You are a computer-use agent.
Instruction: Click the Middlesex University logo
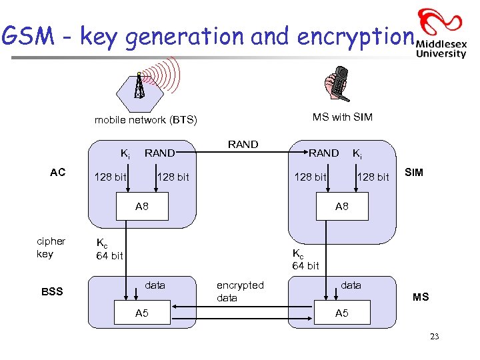pyautogui.click(x=441, y=34)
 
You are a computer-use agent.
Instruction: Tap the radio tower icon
pyautogui.click(x=139, y=85)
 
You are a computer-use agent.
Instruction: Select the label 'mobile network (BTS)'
pyautogui.click(x=145, y=120)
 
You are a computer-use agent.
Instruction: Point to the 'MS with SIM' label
pyautogui.click(x=343, y=117)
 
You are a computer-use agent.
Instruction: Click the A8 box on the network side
pyautogui.click(x=142, y=207)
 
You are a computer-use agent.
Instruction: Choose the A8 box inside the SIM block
pyautogui.click(x=341, y=207)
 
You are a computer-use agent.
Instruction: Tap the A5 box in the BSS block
pyautogui.click(x=142, y=313)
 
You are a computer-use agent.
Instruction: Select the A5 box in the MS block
pyautogui.click(x=341, y=313)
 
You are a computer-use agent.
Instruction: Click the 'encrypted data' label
pyautogui.click(x=240, y=291)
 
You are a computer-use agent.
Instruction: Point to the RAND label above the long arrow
pyautogui.click(x=243, y=144)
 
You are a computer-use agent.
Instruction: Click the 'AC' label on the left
pyautogui.click(x=58, y=173)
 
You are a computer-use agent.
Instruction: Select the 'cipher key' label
pyautogui.click(x=51, y=247)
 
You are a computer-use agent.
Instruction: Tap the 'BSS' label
pyautogui.click(x=53, y=291)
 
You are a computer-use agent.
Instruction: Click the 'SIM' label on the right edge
pyautogui.click(x=414, y=173)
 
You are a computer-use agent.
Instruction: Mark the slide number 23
pyautogui.click(x=435, y=337)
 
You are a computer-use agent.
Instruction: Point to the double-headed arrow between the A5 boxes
pyautogui.click(x=241, y=308)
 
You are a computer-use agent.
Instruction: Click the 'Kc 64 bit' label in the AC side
pyautogui.click(x=109, y=249)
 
